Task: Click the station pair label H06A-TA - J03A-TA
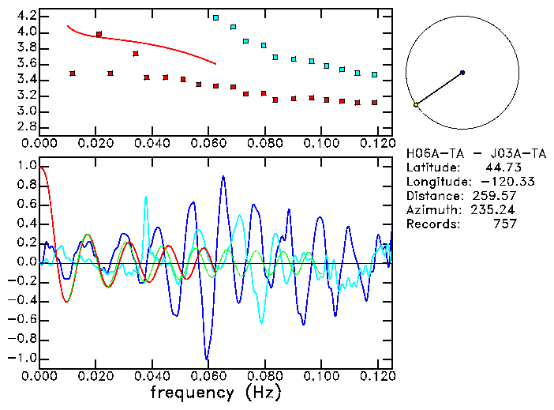pyautogui.click(x=468, y=152)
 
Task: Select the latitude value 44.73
pyautogui.click(x=500, y=167)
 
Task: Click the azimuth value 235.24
pyautogui.click(x=494, y=209)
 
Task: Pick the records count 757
pyautogui.click(x=503, y=224)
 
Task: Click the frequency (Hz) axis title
pyautogui.click(x=215, y=393)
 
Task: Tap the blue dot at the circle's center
pyautogui.click(x=462, y=73)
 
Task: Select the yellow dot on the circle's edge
pyautogui.click(x=416, y=104)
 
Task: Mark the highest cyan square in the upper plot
pyautogui.click(x=215, y=17)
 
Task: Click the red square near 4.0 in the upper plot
pyautogui.click(x=99, y=34)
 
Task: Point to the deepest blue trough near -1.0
pyautogui.click(x=207, y=359)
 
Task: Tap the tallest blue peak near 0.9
pyautogui.click(x=223, y=177)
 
